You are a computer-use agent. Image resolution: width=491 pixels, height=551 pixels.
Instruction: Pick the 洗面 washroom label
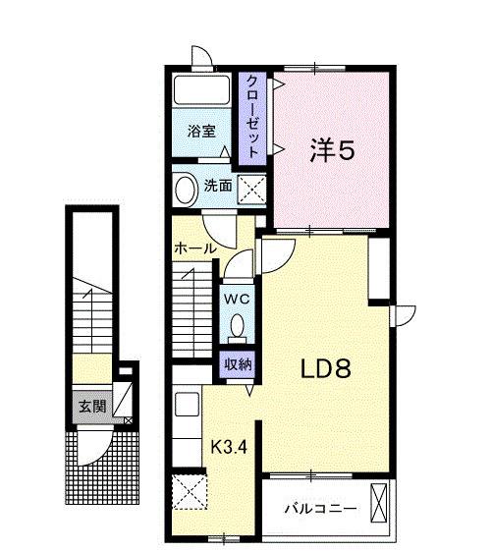click(x=218, y=185)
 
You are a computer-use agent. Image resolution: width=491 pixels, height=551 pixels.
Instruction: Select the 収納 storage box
click(x=236, y=363)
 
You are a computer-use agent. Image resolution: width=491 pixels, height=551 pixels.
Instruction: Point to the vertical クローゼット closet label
click(x=251, y=117)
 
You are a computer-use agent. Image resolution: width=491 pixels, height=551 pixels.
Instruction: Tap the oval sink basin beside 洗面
click(x=186, y=188)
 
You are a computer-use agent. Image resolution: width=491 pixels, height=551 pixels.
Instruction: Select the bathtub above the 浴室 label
click(x=201, y=92)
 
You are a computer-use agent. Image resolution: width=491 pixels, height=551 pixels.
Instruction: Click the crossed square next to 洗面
click(x=250, y=186)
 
